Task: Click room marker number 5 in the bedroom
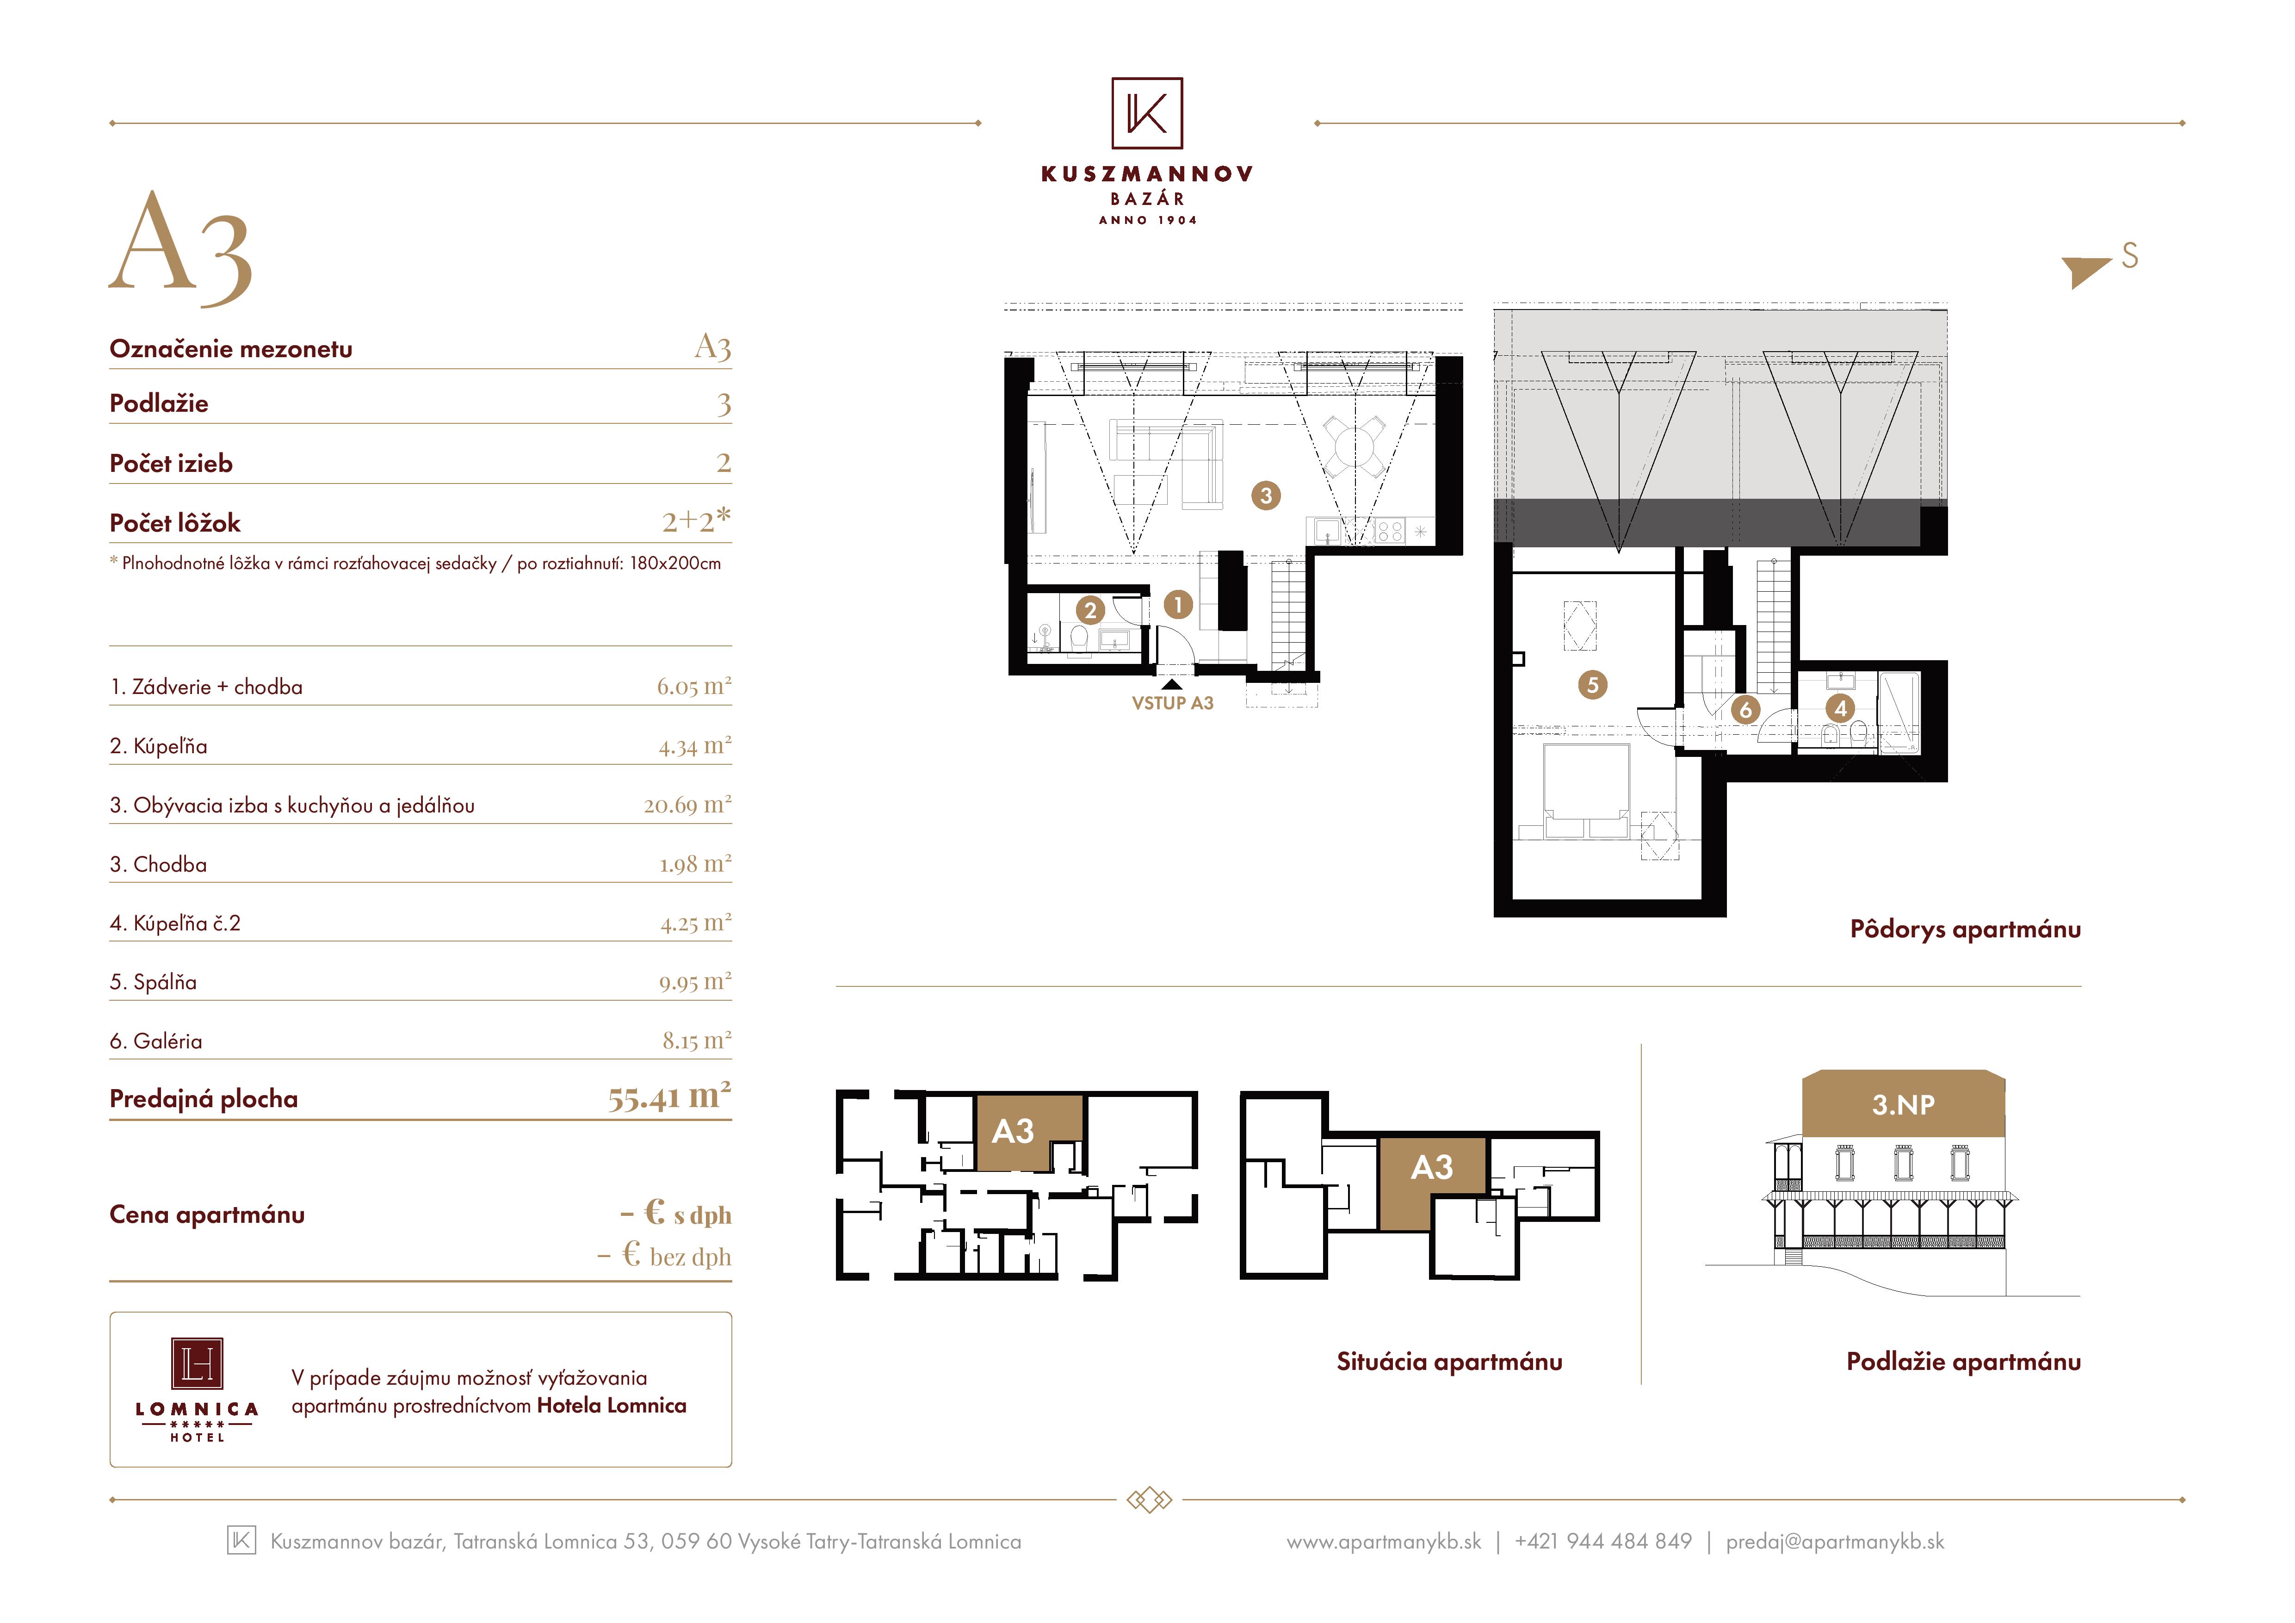1592,685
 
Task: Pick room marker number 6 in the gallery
1745,710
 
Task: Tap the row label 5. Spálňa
153,982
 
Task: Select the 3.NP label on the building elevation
1903,1104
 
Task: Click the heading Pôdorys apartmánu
1965,929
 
